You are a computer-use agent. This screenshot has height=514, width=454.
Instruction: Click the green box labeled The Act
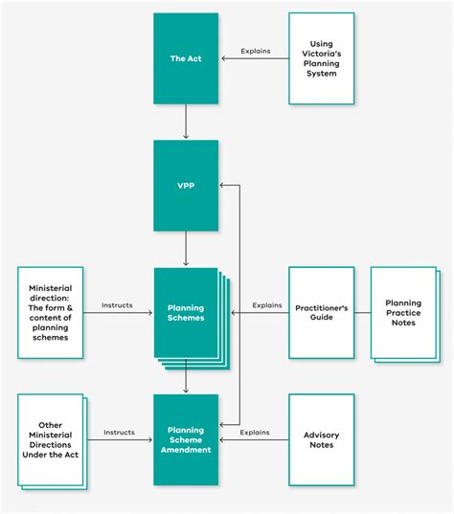(x=186, y=58)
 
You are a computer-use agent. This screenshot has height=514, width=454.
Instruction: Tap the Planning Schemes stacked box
(x=187, y=312)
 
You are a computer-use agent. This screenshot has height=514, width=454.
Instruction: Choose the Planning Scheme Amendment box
(x=186, y=439)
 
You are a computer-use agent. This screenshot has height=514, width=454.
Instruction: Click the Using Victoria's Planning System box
(x=321, y=58)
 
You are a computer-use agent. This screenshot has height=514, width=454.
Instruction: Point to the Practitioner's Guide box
(x=321, y=312)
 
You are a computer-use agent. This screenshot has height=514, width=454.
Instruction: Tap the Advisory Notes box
(x=321, y=439)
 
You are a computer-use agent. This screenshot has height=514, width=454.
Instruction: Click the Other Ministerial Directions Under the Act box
(x=50, y=439)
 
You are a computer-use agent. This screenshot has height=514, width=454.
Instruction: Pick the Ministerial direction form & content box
(x=50, y=312)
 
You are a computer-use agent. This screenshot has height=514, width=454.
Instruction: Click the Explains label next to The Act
(x=254, y=51)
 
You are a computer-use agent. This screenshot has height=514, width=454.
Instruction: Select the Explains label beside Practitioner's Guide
(x=267, y=305)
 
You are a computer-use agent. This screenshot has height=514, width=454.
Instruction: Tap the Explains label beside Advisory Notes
(x=254, y=433)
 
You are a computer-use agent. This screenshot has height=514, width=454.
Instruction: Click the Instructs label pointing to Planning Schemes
(x=118, y=305)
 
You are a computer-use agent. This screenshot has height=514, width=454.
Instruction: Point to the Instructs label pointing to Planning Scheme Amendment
(x=119, y=433)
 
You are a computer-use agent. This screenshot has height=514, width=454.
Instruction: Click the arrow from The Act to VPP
(x=186, y=122)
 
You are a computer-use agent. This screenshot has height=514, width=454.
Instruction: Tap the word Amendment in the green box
(x=186, y=450)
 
